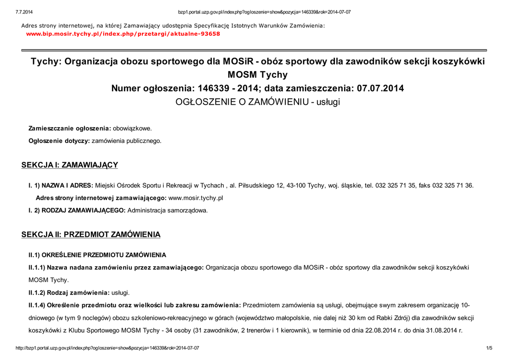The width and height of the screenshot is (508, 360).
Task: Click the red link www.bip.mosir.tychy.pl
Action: coord(123,34)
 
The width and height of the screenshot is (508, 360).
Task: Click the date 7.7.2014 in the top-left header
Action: coord(24,12)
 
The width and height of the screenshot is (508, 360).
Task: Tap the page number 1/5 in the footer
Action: coord(489,348)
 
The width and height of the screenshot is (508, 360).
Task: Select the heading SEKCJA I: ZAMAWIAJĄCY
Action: coord(69,165)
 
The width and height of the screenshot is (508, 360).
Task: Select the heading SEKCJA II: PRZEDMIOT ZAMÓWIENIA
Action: coord(91,234)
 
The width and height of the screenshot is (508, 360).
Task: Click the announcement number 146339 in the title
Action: coord(214,88)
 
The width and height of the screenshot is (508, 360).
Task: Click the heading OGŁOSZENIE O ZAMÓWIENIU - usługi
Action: coord(258,102)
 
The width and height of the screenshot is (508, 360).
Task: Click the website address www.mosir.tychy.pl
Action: coord(196,198)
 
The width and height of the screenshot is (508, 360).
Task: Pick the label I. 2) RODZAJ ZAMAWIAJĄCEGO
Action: coord(77,210)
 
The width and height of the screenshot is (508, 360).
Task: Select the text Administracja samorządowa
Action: coord(168,210)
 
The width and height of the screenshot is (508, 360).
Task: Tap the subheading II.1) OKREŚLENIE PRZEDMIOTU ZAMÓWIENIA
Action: coord(97,255)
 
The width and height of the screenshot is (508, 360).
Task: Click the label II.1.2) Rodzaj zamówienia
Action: coord(69,292)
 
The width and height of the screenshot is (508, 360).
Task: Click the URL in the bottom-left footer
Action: coord(108,348)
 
